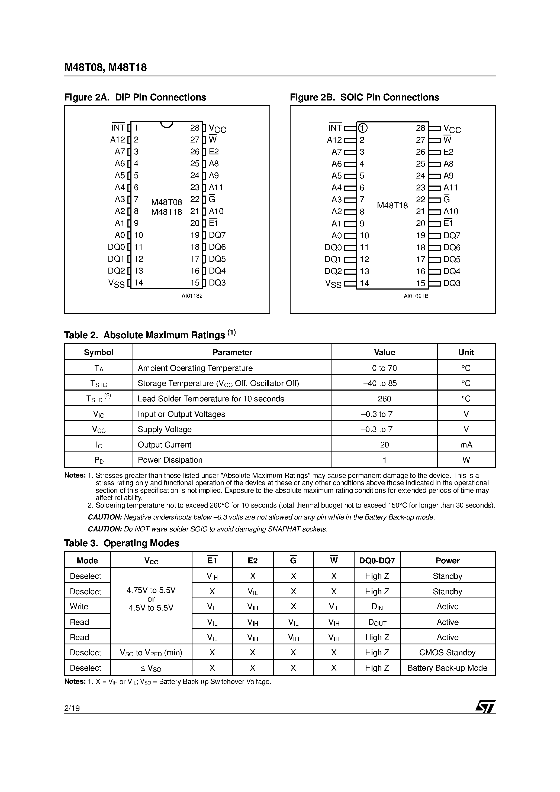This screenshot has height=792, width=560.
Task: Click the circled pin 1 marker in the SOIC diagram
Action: pos(362,128)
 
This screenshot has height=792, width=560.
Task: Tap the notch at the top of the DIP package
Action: pos(166,124)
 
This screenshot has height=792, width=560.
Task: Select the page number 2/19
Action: pos(72,708)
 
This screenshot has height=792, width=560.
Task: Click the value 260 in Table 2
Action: pos(384,399)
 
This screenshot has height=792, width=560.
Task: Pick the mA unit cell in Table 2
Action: pos(466,445)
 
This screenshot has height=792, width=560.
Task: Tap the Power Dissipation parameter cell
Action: pos(170,460)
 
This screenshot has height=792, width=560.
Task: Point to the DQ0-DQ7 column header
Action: pos(377,560)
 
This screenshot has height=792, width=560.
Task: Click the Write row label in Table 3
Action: pos(79,606)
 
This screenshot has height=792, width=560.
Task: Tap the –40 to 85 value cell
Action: pos(384,383)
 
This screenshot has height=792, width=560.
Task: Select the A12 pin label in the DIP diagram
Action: pos(117,140)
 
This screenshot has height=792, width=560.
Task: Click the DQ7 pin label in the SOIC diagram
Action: pos(452,236)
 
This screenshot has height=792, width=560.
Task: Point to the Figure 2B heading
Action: pos(364,97)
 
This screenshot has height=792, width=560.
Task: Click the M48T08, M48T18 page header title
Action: pos(105,67)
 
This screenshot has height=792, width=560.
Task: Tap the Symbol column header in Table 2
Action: pos(98,352)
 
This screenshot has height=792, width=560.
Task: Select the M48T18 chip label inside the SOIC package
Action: pos(392,206)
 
